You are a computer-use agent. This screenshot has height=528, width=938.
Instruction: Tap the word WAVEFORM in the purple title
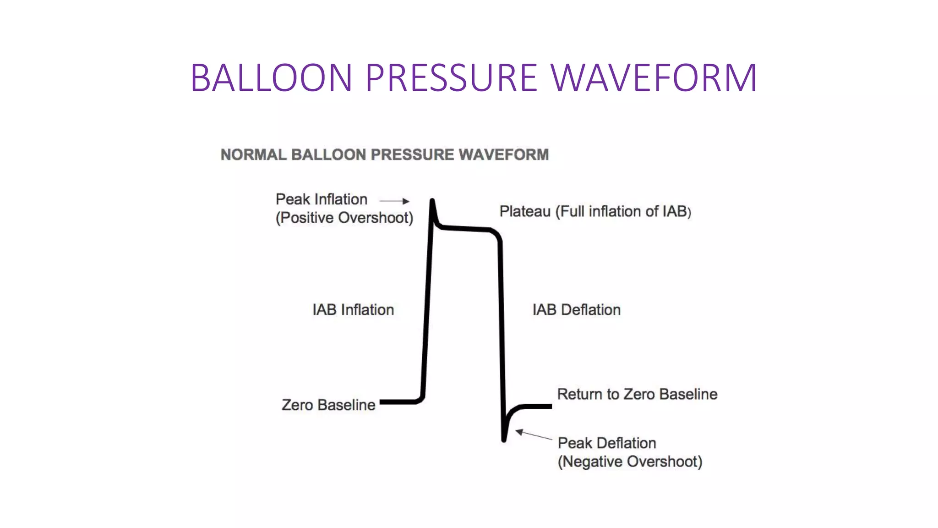(654, 77)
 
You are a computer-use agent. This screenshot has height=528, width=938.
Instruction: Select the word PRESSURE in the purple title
(451, 77)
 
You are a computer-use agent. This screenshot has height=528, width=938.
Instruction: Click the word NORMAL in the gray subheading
(253, 155)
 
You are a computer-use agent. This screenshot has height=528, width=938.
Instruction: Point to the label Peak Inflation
(322, 199)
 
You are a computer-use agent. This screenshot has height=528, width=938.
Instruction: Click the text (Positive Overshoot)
(344, 218)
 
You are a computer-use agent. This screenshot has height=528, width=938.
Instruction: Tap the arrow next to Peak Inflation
(394, 201)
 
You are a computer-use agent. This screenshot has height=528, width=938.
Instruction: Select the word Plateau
(525, 211)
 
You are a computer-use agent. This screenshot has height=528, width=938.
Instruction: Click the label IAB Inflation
(353, 310)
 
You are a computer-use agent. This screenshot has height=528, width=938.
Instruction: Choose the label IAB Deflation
(576, 310)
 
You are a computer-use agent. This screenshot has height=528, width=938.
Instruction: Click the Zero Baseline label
(328, 405)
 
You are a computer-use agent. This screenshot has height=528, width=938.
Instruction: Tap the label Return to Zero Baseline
(637, 394)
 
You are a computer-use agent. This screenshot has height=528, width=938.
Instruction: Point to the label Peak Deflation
(607, 443)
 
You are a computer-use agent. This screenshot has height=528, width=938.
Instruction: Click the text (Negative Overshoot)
(630, 462)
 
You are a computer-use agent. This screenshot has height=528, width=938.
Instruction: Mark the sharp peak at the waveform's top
(432, 201)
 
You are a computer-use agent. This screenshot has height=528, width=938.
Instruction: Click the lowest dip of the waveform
(504, 440)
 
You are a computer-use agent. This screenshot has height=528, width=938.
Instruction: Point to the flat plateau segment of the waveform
(465, 228)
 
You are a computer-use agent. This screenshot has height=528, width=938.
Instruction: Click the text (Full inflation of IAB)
(623, 211)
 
